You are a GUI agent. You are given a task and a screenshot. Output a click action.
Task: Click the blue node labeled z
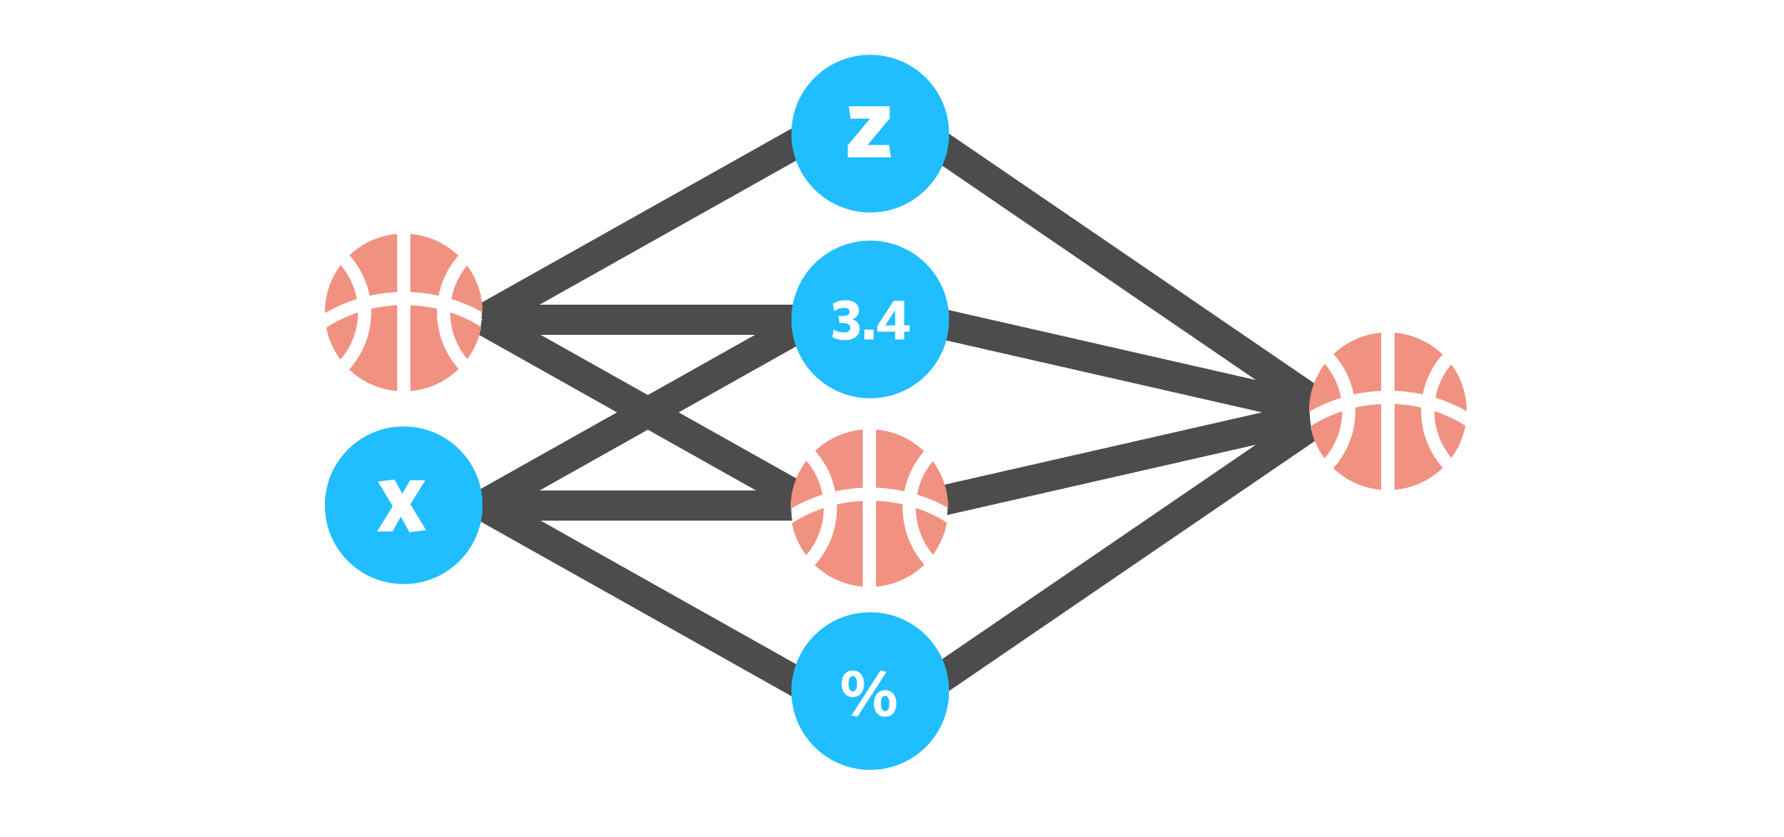coord(869,133)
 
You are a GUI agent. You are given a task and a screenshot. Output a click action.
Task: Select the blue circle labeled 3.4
coord(869,319)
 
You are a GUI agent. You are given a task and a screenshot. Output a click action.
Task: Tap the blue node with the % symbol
coord(869,691)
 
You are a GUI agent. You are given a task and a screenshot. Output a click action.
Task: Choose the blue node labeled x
coord(403,505)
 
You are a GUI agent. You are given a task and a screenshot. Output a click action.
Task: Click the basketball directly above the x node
coord(403,312)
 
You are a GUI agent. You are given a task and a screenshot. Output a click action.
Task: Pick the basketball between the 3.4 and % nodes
coord(869,508)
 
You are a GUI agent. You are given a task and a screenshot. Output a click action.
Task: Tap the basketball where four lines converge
coord(1388,411)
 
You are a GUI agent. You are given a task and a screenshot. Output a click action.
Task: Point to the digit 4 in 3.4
coord(893,321)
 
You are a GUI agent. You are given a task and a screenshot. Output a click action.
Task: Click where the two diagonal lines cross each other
coord(647,413)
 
